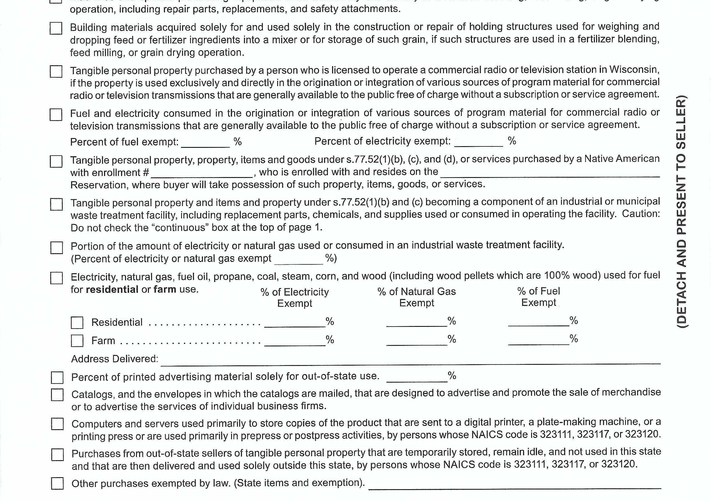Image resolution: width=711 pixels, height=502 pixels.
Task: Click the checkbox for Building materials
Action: [x=56, y=28]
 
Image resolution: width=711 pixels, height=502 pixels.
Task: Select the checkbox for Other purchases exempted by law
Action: [x=57, y=483]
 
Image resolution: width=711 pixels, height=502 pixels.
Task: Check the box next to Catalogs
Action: [x=57, y=395]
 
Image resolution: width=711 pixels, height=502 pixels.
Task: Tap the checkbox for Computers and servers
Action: [x=57, y=424]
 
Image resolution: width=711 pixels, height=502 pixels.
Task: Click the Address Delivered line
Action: [x=410, y=359]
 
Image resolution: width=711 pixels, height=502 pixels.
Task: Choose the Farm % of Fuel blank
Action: [x=538, y=340]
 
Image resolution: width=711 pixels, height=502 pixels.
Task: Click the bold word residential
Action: [x=112, y=289]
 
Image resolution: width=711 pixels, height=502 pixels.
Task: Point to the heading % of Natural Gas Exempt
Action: [x=417, y=297]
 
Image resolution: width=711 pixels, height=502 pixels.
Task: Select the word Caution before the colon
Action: [x=640, y=214]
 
